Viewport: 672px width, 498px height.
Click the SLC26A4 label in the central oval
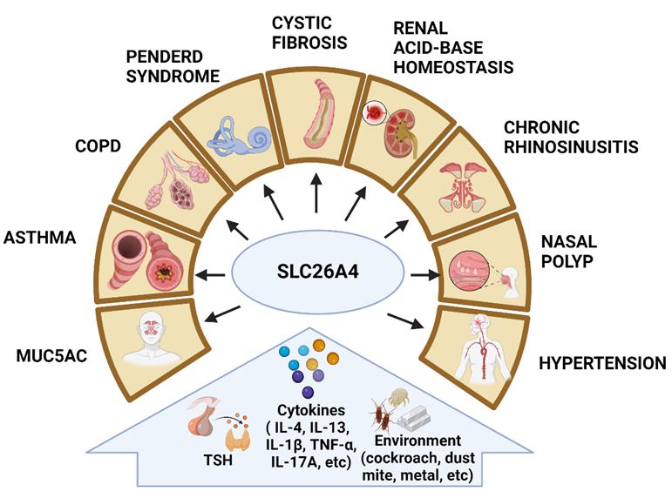[317, 272]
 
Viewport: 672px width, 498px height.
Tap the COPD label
[98, 146]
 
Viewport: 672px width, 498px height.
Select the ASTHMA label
[40, 237]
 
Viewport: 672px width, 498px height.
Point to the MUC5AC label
[51, 356]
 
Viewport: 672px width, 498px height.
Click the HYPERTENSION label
[602, 363]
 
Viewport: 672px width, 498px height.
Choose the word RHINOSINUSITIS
[571, 147]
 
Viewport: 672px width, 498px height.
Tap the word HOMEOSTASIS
[453, 67]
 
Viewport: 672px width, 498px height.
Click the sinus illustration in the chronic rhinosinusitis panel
[462, 187]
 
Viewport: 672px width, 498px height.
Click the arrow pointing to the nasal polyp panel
[425, 275]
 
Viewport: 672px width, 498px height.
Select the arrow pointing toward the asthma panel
[210, 275]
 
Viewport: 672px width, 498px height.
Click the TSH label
[218, 461]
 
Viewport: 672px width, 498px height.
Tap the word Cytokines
[311, 410]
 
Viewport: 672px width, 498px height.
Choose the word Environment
[417, 441]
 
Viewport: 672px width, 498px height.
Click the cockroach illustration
[382, 415]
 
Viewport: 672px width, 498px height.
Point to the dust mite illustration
[398, 396]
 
